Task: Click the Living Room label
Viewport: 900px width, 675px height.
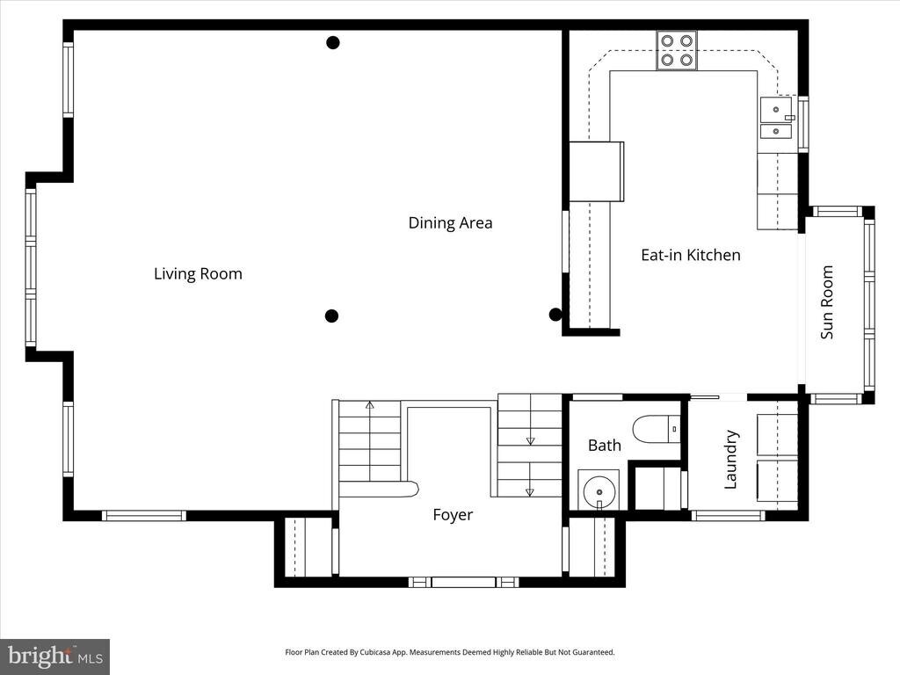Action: point(198,274)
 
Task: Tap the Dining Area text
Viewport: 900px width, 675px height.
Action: point(450,222)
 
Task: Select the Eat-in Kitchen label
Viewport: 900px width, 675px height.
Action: point(691,255)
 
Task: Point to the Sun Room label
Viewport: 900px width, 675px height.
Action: point(826,302)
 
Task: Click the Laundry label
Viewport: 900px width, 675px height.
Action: point(730,459)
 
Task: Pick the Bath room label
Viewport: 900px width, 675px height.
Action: point(605,445)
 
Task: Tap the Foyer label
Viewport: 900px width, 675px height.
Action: point(453,515)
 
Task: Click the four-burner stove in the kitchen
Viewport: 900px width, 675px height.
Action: point(677,50)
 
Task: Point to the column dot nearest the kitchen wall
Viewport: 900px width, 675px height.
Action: point(555,315)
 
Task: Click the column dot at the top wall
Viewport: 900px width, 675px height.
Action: point(333,42)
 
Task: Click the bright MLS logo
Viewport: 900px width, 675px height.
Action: point(55,656)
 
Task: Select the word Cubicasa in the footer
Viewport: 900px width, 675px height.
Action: point(375,652)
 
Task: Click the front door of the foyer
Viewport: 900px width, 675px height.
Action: point(463,582)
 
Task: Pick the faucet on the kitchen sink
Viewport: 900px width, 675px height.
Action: point(790,118)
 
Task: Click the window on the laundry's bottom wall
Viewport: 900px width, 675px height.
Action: point(728,515)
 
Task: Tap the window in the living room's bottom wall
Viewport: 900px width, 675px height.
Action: point(144,515)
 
